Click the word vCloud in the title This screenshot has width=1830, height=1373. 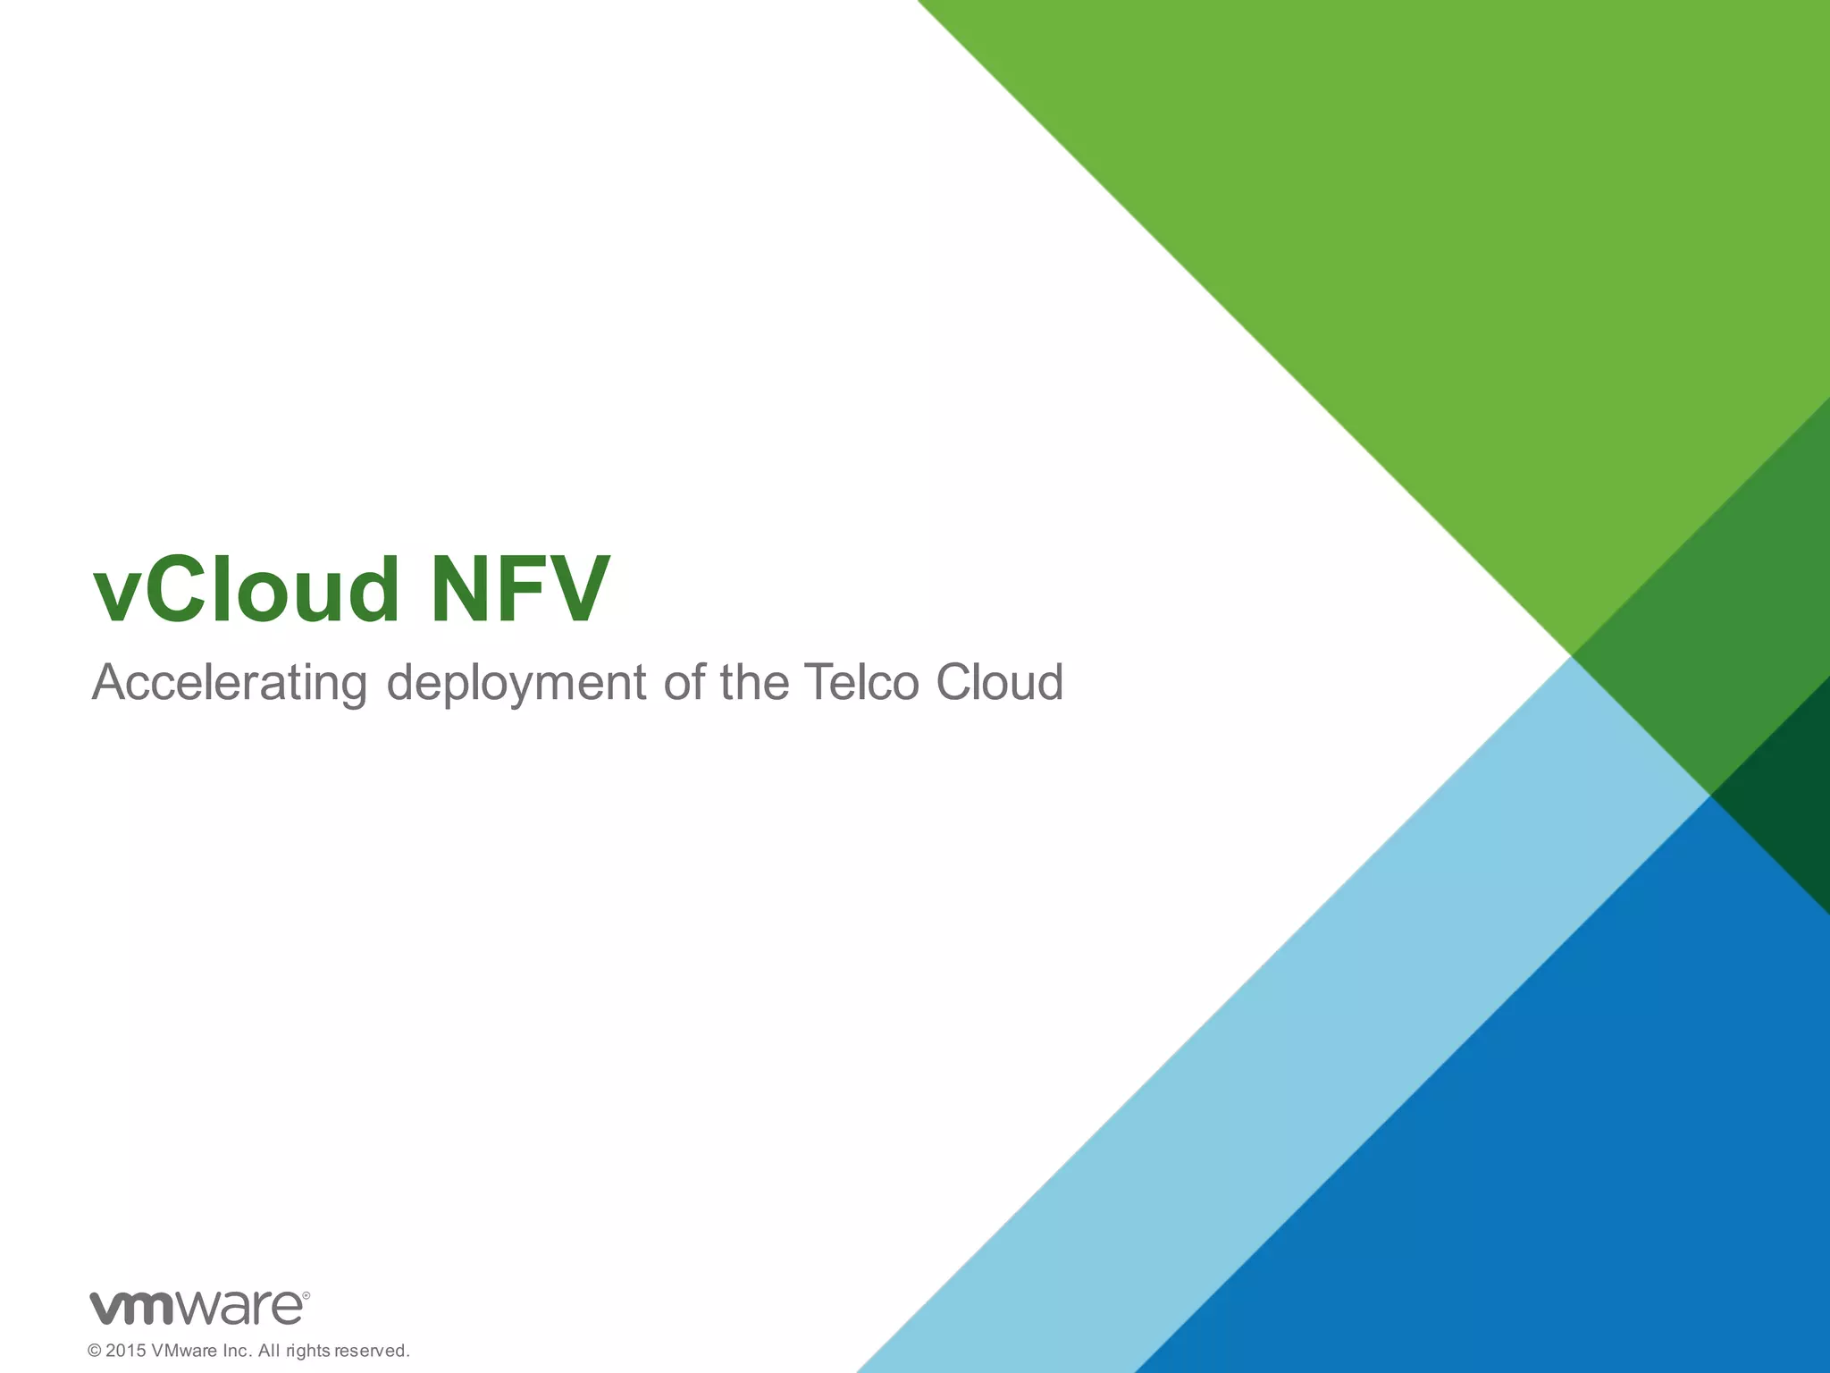pos(246,590)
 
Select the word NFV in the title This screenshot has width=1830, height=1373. pos(520,590)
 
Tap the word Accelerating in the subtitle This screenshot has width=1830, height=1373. pos(230,684)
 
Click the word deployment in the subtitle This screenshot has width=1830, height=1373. pos(516,684)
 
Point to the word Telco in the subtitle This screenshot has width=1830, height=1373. pos(860,682)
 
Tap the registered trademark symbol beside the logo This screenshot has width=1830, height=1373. pos(306,1294)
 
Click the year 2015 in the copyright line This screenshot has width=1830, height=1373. pos(125,1351)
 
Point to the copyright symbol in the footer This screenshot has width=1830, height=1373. pos(94,1351)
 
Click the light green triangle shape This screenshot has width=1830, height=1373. pos(1430,223)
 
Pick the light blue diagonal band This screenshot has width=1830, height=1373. pos(1296,1028)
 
